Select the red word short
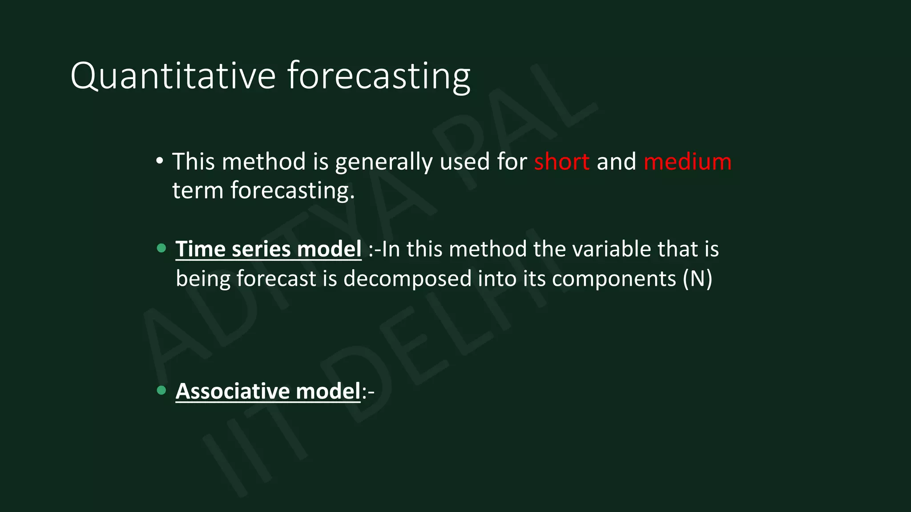coord(562,161)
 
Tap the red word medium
coord(687,161)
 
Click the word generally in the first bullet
coord(383,161)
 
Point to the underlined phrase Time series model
coord(268,249)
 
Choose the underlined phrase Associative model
coord(268,391)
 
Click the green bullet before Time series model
coord(161,248)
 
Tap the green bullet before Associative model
coord(161,390)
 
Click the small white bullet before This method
coord(160,161)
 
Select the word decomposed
coord(407,279)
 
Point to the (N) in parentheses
coord(697,279)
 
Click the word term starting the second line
coord(198,190)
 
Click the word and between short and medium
coord(616,161)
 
